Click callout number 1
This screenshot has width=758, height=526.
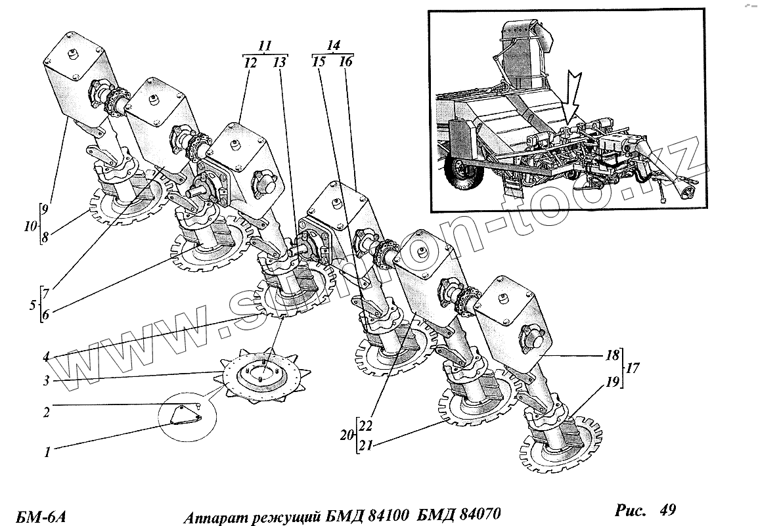[47, 452]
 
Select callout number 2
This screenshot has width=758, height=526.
[47, 412]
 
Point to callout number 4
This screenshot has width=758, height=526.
[47, 358]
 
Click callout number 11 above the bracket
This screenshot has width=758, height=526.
[265, 47]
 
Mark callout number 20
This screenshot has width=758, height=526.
[346, 434]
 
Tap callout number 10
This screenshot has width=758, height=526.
[29, 227]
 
